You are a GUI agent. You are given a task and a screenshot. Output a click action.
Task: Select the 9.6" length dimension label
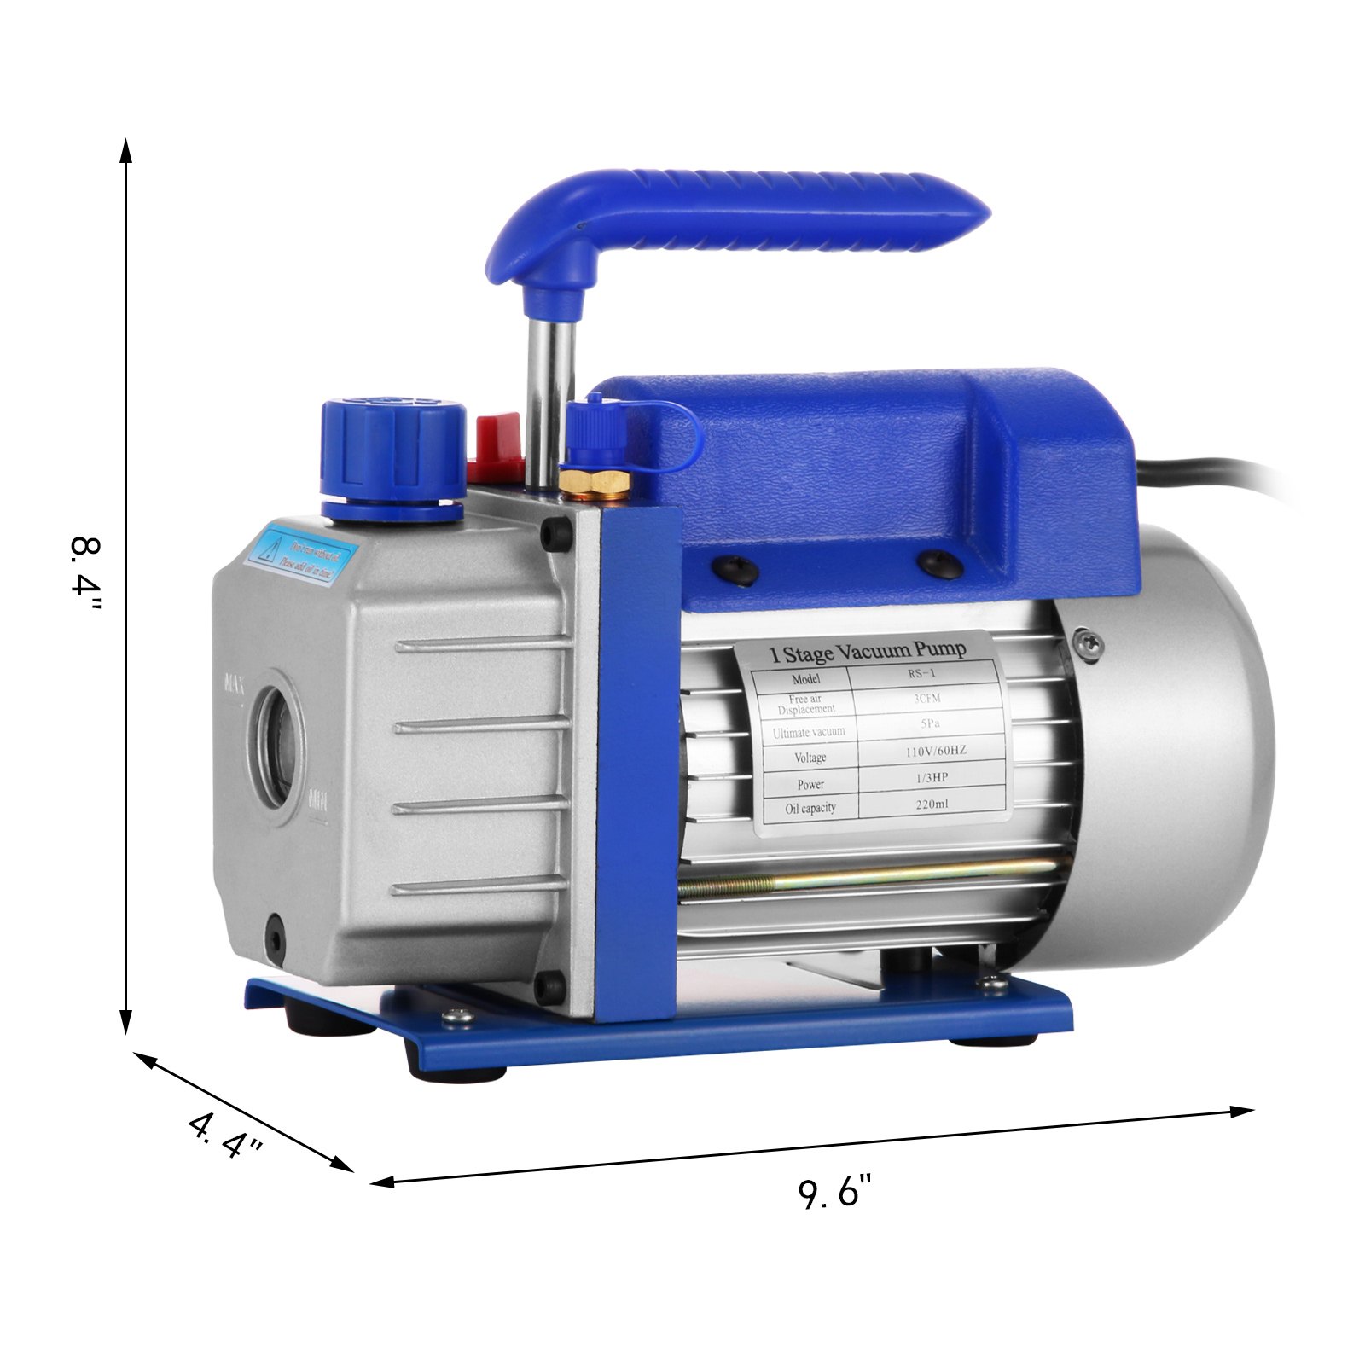coord(835,1192)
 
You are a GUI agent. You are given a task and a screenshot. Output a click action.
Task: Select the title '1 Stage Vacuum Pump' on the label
coord(868,653)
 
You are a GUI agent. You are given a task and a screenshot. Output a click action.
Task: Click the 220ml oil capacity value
coord(932,803)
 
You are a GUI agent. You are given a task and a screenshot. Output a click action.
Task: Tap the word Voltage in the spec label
coord(810,758)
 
